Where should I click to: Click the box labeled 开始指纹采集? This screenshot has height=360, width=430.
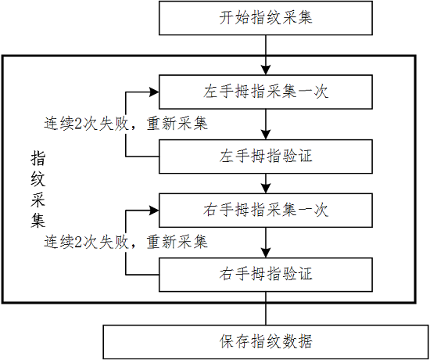click(266, 18)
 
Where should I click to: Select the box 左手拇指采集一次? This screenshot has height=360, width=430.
click(266, 92)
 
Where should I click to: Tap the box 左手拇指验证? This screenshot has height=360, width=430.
click(266, 157)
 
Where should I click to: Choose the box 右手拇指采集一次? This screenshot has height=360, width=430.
click(266, 211)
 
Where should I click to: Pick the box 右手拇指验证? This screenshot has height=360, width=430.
click(266, 275)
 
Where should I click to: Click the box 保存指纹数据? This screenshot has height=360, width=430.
click(266, 342)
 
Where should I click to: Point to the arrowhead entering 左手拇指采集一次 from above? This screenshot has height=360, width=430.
click(266, 70)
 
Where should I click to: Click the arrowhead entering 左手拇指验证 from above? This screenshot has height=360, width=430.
click(266, 135)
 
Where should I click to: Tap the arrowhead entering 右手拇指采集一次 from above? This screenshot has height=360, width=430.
click(266, 189)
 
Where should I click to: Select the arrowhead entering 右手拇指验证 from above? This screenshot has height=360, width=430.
click(266, 253)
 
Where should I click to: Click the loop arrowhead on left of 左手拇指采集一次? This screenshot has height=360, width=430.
click(154, 92)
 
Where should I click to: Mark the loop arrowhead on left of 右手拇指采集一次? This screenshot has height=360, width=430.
click(154, 211)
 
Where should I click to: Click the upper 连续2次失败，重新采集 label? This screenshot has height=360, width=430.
click(126, 124)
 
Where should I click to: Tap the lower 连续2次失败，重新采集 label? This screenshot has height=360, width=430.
click(126, 242)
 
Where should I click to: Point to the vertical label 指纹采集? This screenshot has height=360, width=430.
click(38, 189)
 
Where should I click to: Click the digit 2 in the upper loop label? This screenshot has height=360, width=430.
click(78, 124)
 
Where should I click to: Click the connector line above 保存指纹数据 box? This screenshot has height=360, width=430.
click(266, 308)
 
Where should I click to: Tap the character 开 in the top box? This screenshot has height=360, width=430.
click(227, 17)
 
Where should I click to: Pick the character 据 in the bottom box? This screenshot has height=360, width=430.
click(304, 342)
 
